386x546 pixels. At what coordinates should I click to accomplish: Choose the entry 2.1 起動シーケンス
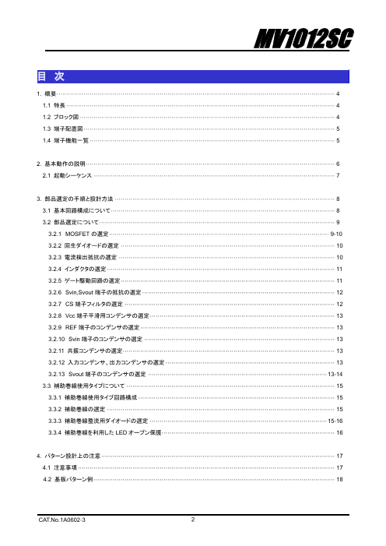[x=65, y=176]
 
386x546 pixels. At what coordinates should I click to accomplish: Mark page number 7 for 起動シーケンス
[x=339, y=176]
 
